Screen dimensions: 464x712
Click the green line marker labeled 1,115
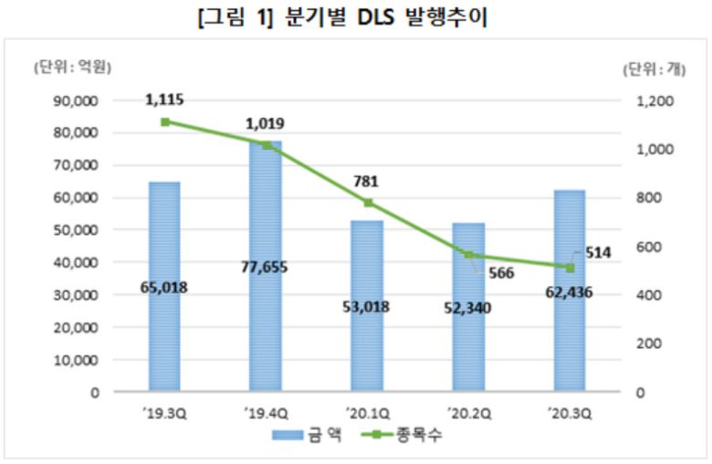tap(164, 121)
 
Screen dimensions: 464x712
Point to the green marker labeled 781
tap(368, 203)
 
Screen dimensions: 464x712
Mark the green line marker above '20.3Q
tap(571, 268)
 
